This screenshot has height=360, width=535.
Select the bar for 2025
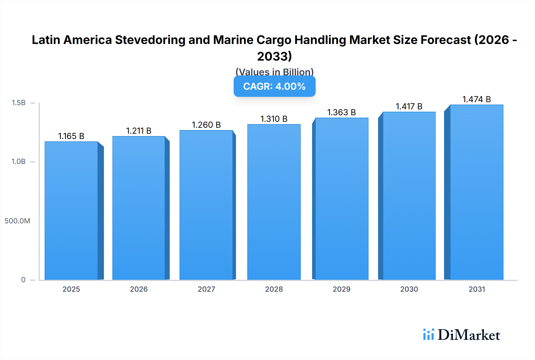71,211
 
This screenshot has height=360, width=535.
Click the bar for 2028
274,202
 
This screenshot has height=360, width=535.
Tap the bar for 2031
476,192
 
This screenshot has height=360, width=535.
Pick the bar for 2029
342,199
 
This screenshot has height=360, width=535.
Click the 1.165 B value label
71,136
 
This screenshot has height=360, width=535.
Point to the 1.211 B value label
139,131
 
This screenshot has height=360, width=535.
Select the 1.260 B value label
206,125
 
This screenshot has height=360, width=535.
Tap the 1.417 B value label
409,106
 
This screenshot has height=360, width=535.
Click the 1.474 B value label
476,99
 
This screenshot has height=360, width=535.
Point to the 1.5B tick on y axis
18,103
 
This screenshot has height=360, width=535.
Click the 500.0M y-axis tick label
17,221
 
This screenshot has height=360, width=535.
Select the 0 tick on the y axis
23,280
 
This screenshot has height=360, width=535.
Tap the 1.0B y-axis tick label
18,162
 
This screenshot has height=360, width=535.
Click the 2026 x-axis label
139,289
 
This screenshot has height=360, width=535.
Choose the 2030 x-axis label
409,289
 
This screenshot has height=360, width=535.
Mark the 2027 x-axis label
206,289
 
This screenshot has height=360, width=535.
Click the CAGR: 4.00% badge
274,86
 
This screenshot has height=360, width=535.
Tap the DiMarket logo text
469,335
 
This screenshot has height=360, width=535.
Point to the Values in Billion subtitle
274,72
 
